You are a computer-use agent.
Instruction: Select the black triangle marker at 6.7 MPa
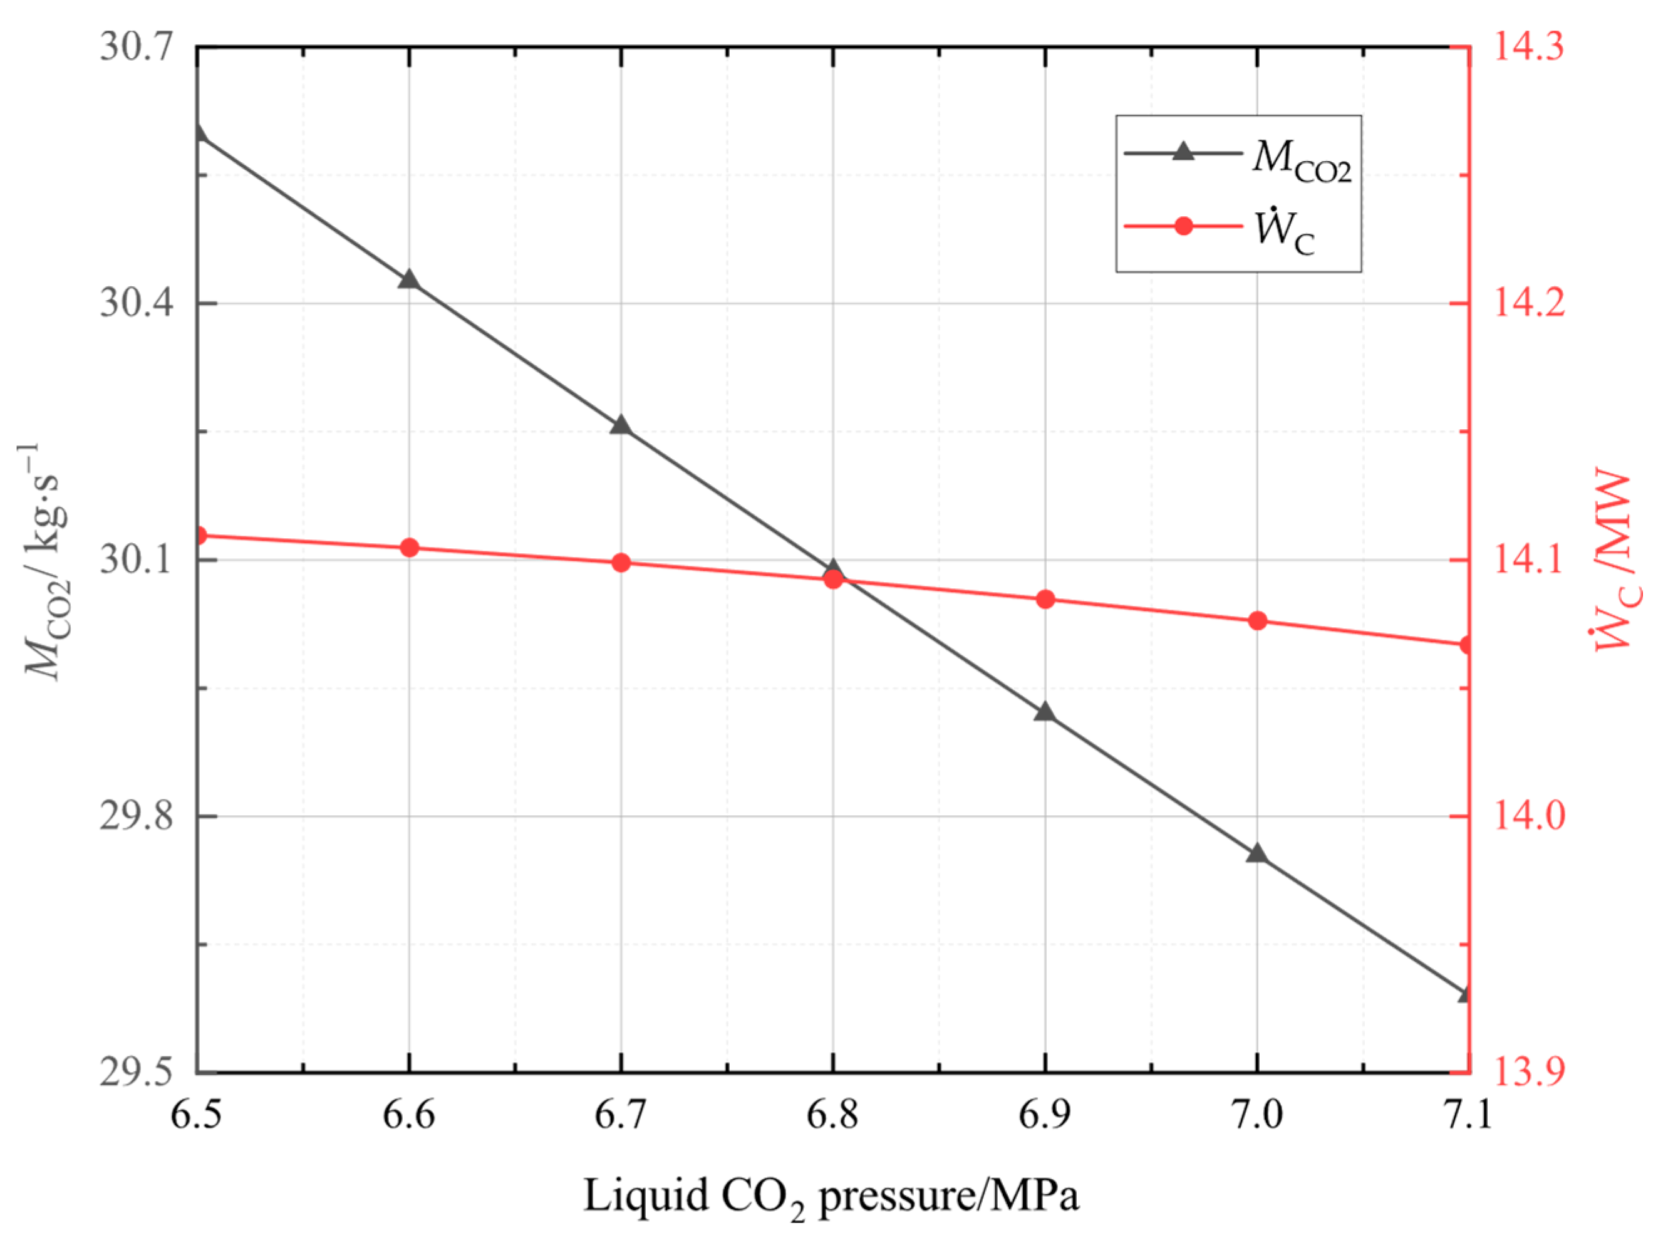(x=621, y=426)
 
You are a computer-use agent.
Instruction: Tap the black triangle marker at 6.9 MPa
(x=1045, y=712)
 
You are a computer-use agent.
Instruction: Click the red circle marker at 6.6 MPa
(x=409, y=548)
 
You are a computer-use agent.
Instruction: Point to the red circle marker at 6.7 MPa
(x=621, y=562)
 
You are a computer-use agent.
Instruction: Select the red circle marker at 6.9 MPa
(x=1045, y=599)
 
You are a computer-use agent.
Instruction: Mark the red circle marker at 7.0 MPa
(x=1257, y=621)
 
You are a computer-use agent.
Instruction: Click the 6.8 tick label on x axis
(x=832, y=1115)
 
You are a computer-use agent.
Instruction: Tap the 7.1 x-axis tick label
(x=1468, y=1115)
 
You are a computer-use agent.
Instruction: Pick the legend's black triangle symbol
(x=1183, y=152)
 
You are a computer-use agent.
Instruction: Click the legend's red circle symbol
(x=1183, y=226)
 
